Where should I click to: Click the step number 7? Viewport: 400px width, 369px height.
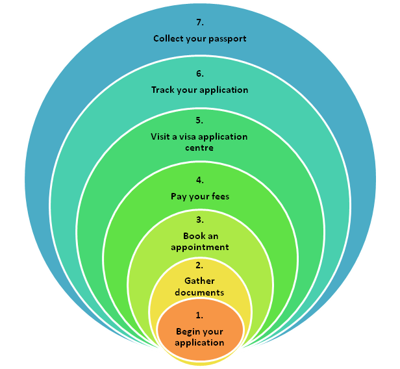pyautogui.click(x=199, y=22)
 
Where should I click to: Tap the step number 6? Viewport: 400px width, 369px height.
pyautogui.click(x=199, y=74)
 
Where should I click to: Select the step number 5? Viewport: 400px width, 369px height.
pyautogui.click(x=199, y=120)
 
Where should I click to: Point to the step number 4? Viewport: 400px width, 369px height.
pyautogui.click(x=199, y=180)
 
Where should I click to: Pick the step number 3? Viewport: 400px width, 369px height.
pyautogui.click(x=199, y=220)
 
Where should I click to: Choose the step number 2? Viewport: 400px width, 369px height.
pyautogui.click(x=199, y=265)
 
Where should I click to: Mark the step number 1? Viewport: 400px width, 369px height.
pyautogui.click(x=199, y=315)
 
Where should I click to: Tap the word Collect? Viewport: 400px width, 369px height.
pyautogui.click(x=168, y=38)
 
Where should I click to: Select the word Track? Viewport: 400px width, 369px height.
pyautogui.click(x=163, y=90)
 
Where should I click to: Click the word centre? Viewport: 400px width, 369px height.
pyautogui.click(x=199, y=147)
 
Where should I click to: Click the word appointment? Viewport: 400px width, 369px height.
pyautogui.click(x=199, y=247)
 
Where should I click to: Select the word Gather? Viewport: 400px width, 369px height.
pyautogui.click(x=199, y=281)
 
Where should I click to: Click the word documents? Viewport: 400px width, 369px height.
pyautogui.click(x=199, y=292)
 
